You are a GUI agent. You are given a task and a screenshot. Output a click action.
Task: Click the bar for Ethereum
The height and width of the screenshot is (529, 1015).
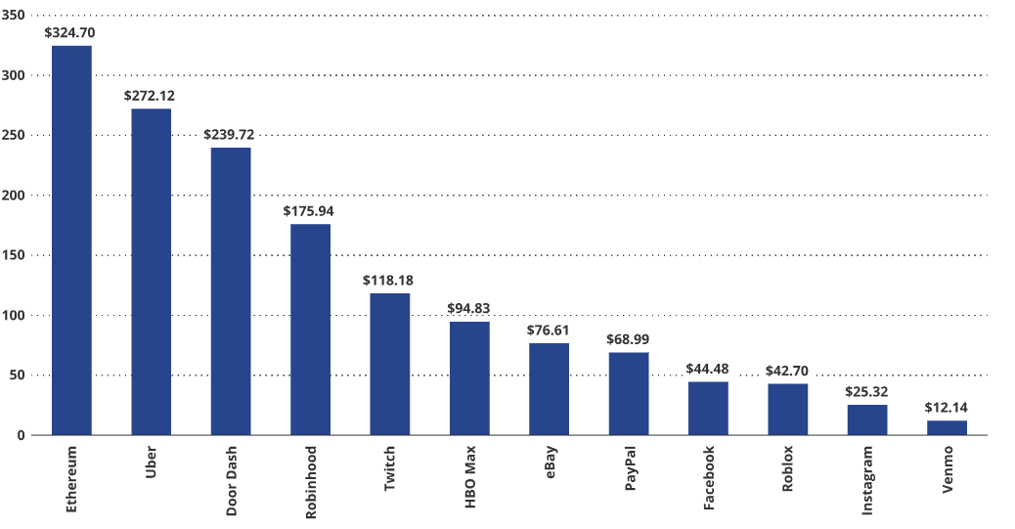click(x=71, y=240)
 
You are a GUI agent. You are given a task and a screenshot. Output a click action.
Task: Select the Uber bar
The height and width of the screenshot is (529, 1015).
click(x=151, y=271)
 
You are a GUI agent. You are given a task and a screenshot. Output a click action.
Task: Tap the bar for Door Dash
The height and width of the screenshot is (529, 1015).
click(x=231, y=290)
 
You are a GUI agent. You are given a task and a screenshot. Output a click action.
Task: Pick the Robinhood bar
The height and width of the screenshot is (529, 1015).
click(x=310, y=329)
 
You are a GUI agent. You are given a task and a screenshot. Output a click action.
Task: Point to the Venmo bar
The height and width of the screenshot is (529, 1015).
click(x=947, y=427)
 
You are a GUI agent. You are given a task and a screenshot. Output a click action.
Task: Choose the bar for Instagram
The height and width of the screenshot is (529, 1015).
click(x=867, y=419)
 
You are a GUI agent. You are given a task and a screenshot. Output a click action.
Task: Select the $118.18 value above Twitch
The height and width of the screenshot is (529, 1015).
click(x=388, y=281)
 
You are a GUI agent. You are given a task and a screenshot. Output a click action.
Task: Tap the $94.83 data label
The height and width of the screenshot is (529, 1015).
click(x=468, y=308)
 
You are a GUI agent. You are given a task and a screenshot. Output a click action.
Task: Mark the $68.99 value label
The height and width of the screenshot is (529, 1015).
click(x=628, y=338)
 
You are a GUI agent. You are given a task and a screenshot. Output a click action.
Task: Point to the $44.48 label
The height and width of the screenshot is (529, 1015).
click(x=708, y=368)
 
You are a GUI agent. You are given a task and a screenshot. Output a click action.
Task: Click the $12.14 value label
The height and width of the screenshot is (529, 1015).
click(x=947, y=407)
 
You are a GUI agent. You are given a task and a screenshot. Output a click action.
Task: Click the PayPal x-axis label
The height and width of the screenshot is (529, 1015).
click(x=630, y=472)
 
